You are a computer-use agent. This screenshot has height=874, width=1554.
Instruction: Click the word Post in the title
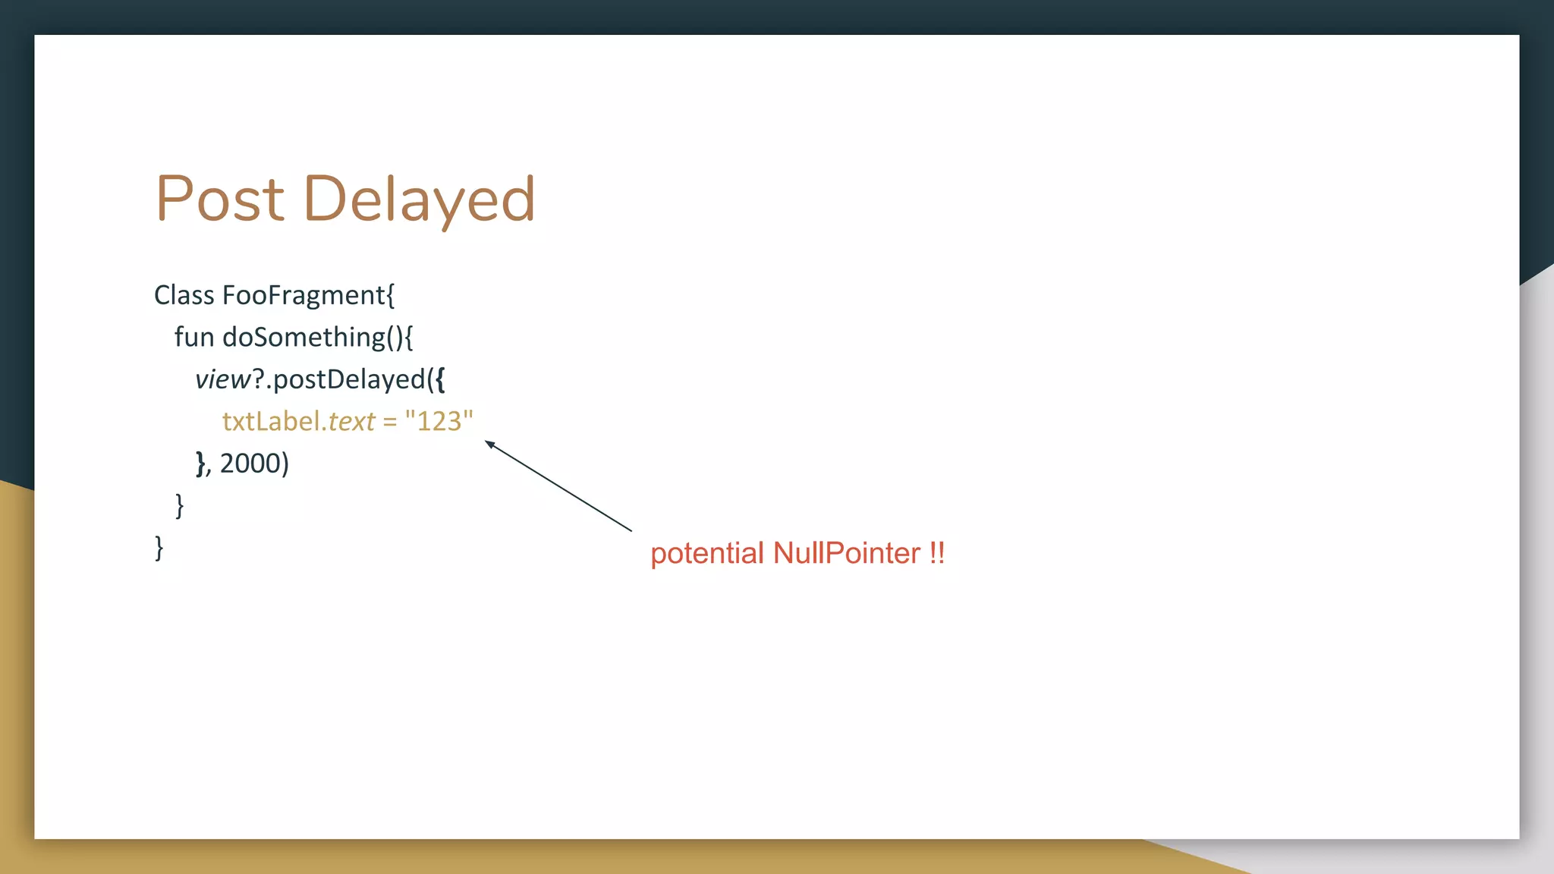point(220,199)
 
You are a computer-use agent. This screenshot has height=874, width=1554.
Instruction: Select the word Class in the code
point(184,295)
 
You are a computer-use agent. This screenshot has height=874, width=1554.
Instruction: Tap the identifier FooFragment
point(304,295)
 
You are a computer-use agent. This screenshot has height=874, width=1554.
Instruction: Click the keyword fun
point(194,337)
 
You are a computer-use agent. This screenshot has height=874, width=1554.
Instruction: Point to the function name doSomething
point(304,337)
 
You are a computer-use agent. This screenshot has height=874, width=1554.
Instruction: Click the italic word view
point(222,379)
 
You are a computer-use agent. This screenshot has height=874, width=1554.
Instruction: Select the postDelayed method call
point(349,379)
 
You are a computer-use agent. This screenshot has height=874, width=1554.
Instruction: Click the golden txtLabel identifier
point(270,421)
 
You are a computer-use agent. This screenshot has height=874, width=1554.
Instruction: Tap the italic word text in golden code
point(351,421)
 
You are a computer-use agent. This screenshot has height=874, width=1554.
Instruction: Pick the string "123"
point(439,421)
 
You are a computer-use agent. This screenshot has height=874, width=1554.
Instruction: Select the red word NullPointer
point(847,553)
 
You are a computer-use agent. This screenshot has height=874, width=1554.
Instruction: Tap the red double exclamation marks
point(936,552)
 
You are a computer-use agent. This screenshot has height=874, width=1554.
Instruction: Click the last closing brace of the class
point(159,547)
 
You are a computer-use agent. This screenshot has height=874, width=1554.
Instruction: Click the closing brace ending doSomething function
point(179,505)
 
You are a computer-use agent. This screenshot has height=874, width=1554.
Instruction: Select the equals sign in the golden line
point(390,422)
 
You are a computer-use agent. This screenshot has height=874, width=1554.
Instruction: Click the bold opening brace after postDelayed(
point(440,379)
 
